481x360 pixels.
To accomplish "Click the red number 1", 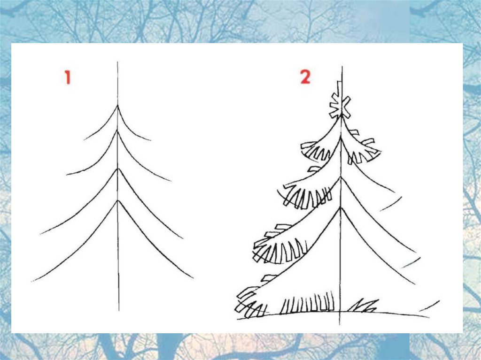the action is (x=68, y=77).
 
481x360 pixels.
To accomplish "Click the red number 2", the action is (x=305, y=77).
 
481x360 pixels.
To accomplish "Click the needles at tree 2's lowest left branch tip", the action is (x=250, y=302).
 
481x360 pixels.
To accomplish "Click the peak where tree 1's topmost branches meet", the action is (x=117, y=106).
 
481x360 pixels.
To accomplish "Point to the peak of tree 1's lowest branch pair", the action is (x=117, y=200).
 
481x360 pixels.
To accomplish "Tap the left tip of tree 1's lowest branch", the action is (x=32, y=281).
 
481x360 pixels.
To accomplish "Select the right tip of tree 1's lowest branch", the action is (x=193, y=278).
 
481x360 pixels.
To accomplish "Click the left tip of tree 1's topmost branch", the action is (x=85, y=140).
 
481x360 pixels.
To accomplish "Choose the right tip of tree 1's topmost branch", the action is (x=151, y=140).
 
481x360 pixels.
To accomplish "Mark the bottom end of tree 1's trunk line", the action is (x=119, y=311).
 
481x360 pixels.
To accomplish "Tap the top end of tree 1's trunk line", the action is (x=117, y=61).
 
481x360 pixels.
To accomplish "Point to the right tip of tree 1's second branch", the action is (x=171, y=181).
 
